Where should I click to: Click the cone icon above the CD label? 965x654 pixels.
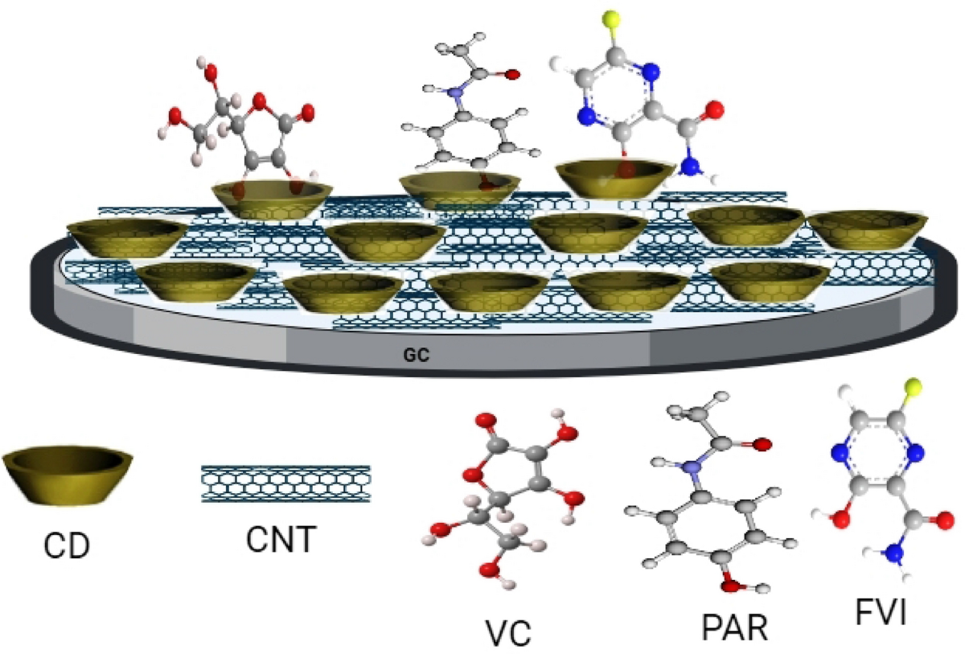click(x=68, y=475)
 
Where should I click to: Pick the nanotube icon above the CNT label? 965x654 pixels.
click(x=285, y=483)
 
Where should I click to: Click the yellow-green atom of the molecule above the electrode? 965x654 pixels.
click(x=613, y=19)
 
